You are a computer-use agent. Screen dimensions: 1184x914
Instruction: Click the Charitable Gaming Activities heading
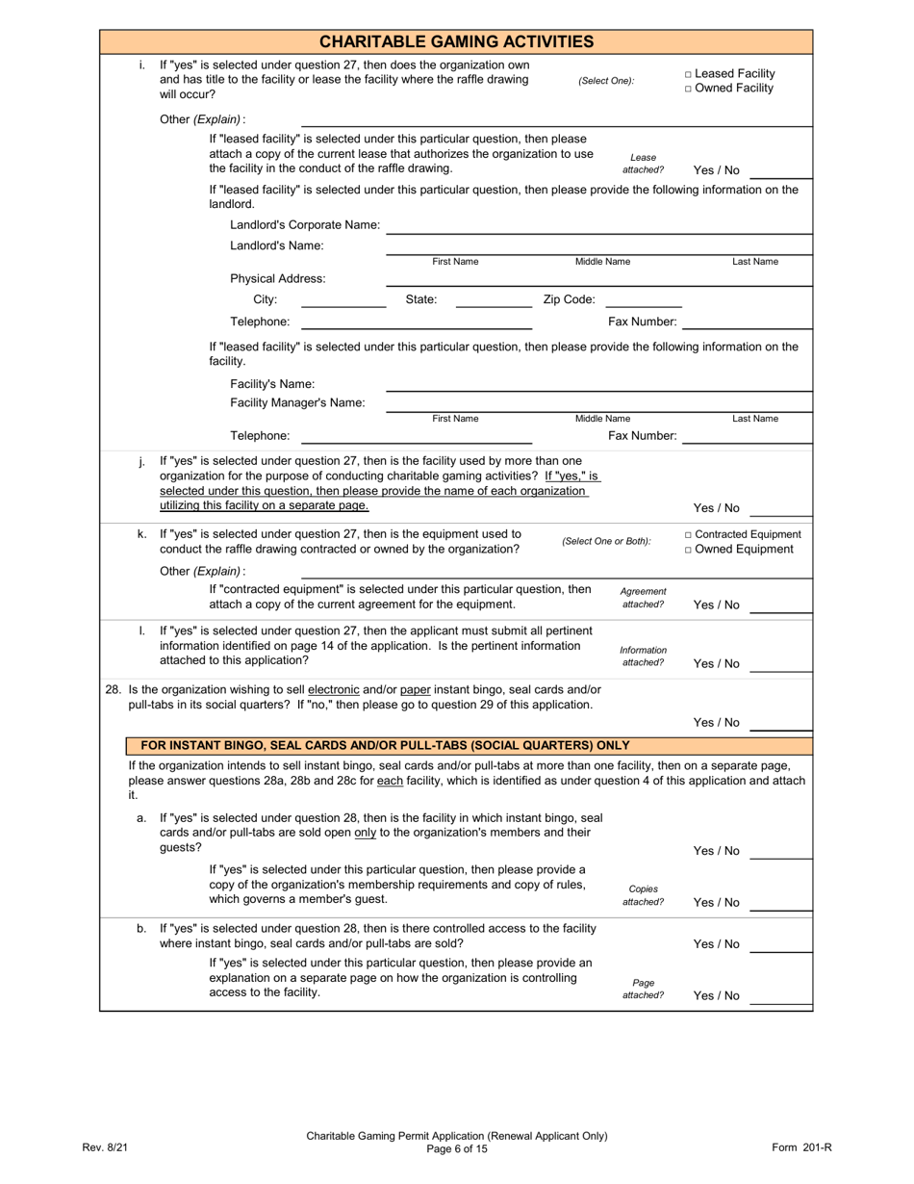(x=456, y=41)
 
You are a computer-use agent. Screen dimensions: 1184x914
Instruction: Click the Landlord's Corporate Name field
(x=598, y=226)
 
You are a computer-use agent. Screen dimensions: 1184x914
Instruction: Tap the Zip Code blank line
(x=643, y=300)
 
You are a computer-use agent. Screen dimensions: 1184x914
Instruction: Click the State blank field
(x=493, y=300)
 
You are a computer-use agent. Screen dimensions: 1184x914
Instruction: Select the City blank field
(x=343, y=300)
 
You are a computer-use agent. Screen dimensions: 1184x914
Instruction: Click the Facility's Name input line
(x=598, y=384)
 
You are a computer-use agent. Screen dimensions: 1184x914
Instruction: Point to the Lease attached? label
(x=643, y=164)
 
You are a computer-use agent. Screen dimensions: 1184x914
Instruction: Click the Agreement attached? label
(x=643, y=598)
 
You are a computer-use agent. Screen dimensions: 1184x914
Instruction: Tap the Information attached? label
(x=643, y=656)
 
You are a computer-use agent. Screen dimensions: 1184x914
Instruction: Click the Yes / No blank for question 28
(x=779, y=724)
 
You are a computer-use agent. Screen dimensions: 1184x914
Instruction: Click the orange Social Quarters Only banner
(x=470, y=745)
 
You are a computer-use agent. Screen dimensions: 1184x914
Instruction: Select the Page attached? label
(x=643, y=989)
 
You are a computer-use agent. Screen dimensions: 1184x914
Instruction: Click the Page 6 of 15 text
(x=456, y=1148)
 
